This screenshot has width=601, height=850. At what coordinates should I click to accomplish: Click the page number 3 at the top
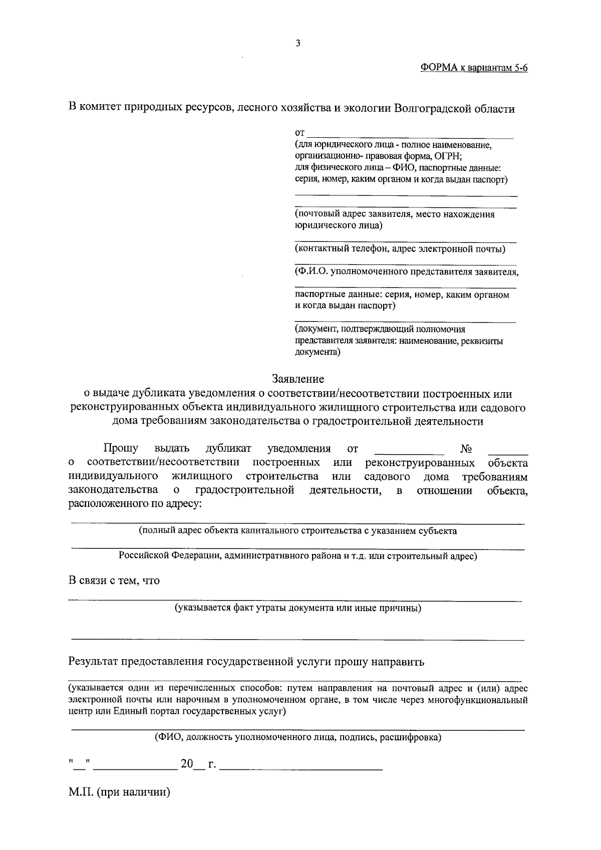(x=298, y=44)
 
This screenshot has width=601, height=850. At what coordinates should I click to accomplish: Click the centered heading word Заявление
(x=298, y=379)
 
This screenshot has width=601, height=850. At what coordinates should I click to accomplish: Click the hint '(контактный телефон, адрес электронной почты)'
(x=400, y=249)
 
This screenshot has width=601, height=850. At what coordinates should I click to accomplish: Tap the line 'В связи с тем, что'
(x=114, y=581)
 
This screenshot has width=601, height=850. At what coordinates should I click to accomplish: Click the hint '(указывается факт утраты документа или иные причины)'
(x=297, y=608)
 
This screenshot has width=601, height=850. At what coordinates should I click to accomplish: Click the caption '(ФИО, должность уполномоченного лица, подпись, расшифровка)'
(x=297, y=737)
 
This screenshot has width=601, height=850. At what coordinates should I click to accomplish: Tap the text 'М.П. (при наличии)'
(x=120, y=793)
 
